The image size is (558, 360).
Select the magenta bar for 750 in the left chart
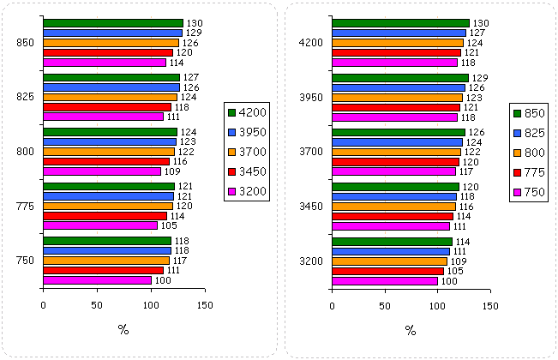coord(96,280)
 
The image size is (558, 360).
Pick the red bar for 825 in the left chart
coord(106,107)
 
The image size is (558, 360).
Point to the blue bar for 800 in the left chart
coord(109,141)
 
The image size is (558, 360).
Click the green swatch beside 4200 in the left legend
coord(231,112)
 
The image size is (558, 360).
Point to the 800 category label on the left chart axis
coord(24,152)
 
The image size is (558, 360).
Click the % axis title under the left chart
coord(123,330)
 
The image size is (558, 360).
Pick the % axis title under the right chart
coord(411,330)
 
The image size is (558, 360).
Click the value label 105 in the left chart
coord(169,225)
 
